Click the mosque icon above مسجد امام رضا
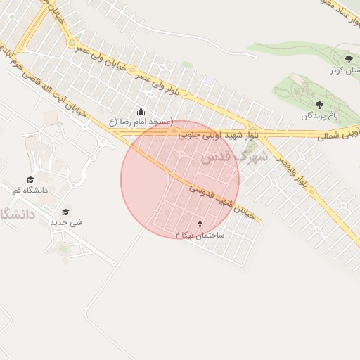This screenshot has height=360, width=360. tap(141, 111)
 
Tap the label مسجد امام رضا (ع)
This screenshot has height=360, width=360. tap(141, 122)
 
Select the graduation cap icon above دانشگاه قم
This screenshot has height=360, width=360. tap(30, 180)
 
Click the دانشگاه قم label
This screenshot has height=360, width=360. tap(30, 190)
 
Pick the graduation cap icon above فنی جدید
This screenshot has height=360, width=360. tap(65, 212)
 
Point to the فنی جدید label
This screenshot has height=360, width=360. tap(65, 222)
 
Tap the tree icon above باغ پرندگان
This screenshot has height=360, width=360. tap(320, 105)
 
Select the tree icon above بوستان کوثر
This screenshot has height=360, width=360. tap(349, 58)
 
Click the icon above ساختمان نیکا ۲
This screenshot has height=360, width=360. tap(200, 225)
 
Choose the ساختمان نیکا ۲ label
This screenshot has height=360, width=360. tap(200, 236)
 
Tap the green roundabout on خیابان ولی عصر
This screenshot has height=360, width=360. tap(72, 43)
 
